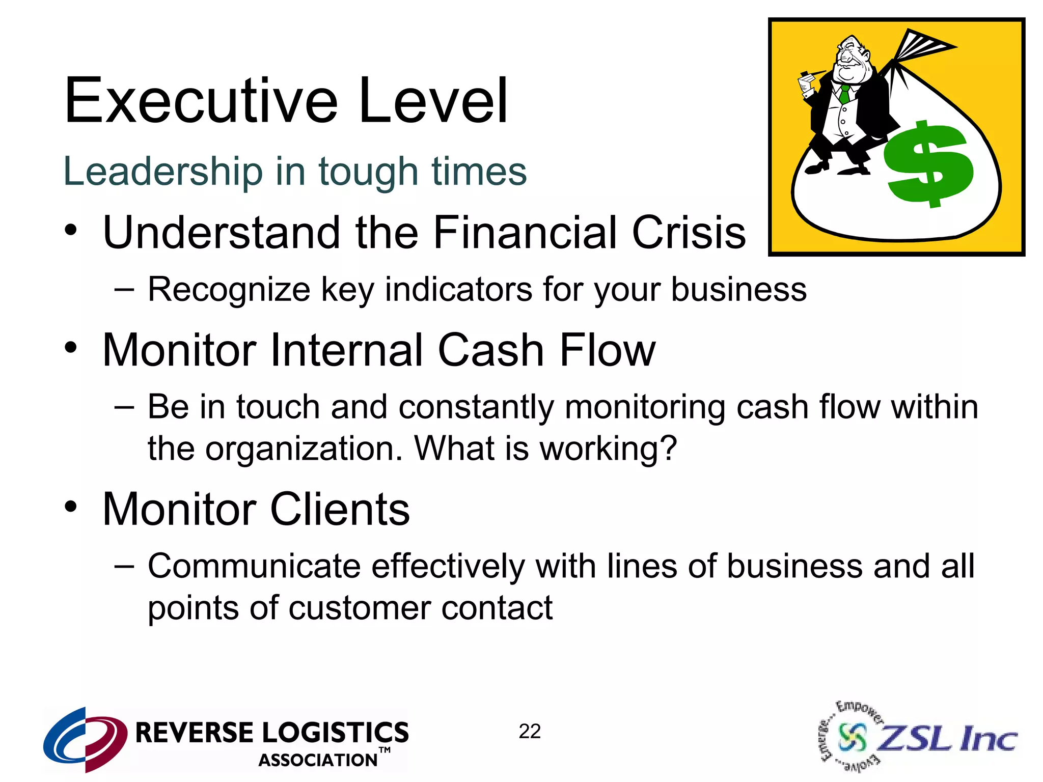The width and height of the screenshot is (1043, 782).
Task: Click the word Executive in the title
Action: [x=201, y=100]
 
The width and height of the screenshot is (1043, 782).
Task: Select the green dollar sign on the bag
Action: [x=928, y=164]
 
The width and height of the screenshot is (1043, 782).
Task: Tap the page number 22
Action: [x=530, y=732]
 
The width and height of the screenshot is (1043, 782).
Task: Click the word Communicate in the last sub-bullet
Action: [x=255, y=566]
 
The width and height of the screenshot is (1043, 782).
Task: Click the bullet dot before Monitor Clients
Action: [x=71, y=507]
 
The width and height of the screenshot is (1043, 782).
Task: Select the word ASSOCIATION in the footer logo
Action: [x=318, y=760]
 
